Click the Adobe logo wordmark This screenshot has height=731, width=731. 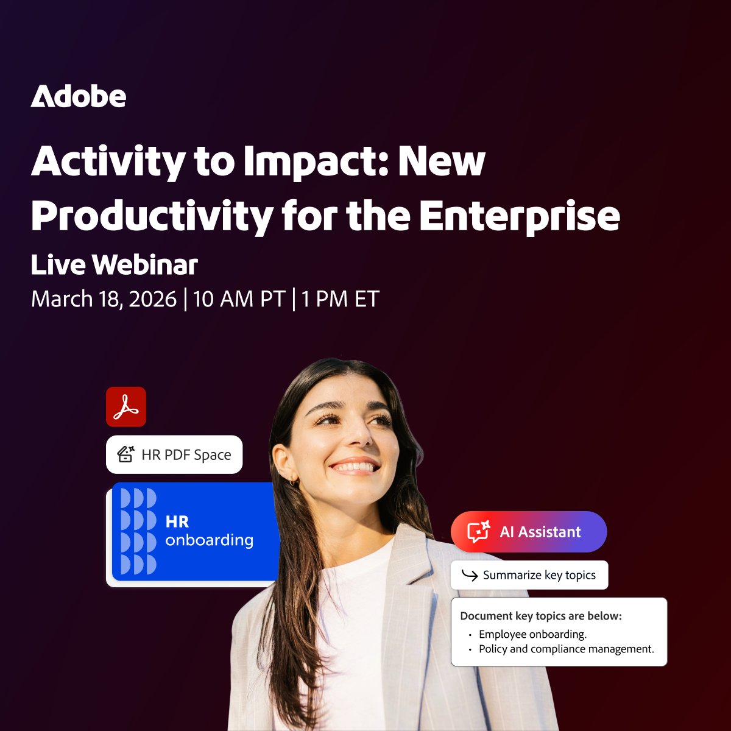click(79, 97)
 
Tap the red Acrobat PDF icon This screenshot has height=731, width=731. click(126, 406)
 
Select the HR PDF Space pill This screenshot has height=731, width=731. click(174, 454)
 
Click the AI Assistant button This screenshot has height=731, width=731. click(529, 532)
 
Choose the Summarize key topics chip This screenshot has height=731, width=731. click(529, 575)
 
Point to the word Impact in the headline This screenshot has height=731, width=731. click(314, 162)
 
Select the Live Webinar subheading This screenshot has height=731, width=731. click(115, 265)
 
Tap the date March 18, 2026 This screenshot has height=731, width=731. click(104, 299)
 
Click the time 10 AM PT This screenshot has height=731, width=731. click(239, 299)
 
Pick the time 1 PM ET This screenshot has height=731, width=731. click(340, 299)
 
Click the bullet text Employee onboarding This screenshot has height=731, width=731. click(532, 634)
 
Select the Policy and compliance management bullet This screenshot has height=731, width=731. click(566, 649)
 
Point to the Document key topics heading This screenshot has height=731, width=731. click(541, 616)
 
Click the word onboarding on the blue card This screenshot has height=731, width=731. click(209, 540)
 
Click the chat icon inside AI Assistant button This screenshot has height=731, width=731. click(479, 532)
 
